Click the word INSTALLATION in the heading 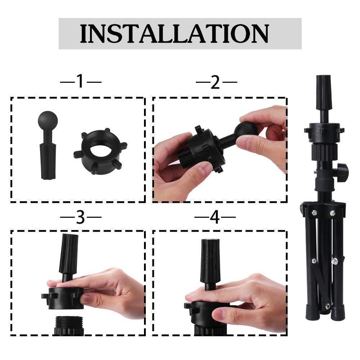175,33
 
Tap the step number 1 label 81,82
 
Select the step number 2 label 216,82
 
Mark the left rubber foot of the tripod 310,313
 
